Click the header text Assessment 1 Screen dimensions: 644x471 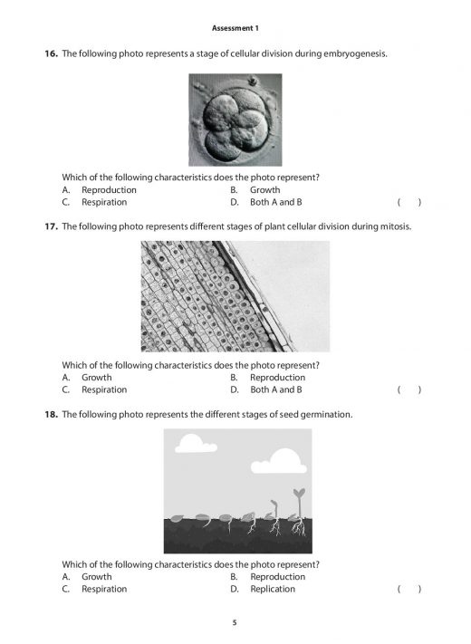pyautogui.click(x=235, y=28)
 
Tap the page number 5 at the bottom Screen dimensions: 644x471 pyautogui.click(x=235, y=622)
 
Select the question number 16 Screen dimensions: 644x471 pyautogui.click(x=52, y=54)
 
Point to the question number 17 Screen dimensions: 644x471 pyautogui.click(x=52, y=226)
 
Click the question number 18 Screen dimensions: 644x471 pyautogui.click(x=52, y=414)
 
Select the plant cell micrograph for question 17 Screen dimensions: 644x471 pyautogui.click(x=235, y=296)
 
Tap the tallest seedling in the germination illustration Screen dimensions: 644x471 pyautogui.click(x=297, y=507)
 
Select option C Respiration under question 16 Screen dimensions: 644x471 pyautogui.click(x=103, y=202)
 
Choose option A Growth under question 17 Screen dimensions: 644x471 pyautogui.click(x=96, y=378)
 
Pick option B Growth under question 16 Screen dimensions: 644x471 pyautogui.click(x=264, y=190)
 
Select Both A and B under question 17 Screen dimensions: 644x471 pyautogui.click(x=275, y=389)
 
